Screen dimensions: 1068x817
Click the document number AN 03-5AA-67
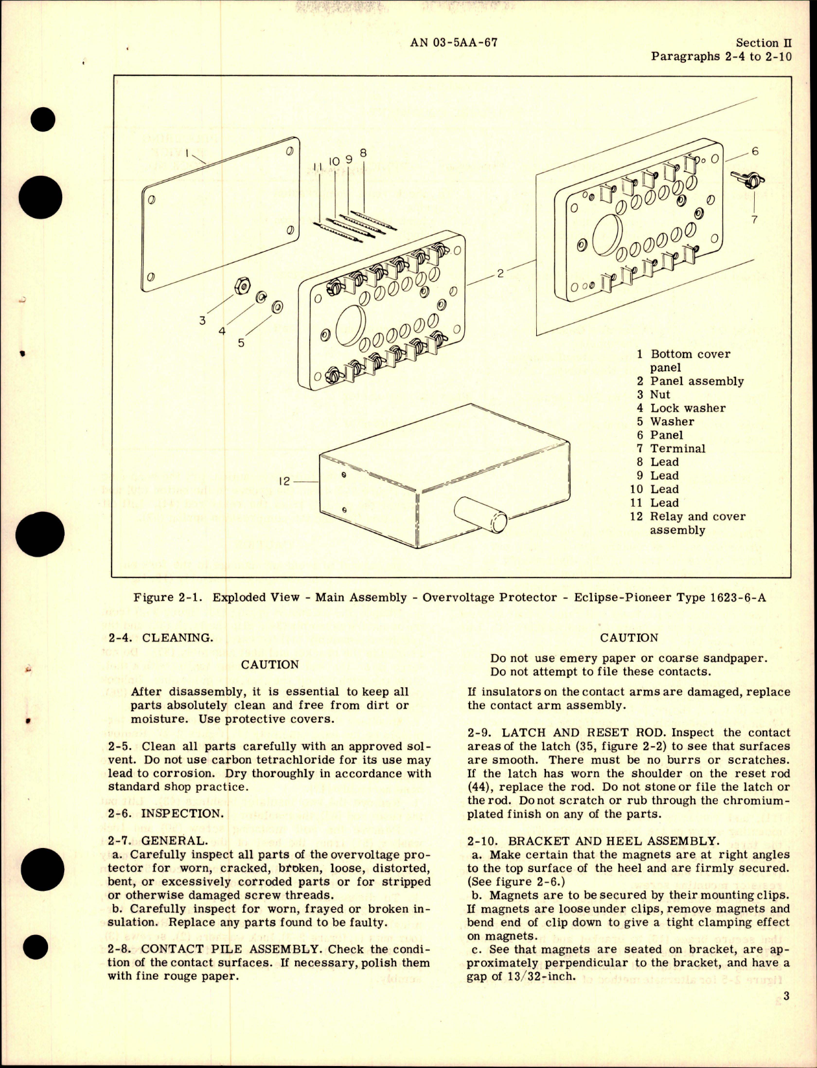click(x=454, y=43)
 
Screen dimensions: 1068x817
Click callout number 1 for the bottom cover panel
click(x=185, y=154)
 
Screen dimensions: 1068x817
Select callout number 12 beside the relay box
click(x=284, y=481)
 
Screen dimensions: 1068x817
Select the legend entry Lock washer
click(x=687, y=408)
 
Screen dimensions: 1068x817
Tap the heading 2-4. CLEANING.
click(x=160, y=637)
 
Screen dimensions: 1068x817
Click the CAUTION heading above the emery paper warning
click(x=628, y=637)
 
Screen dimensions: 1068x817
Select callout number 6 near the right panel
click(x=754, y=151)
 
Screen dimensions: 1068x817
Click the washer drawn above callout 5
click(x=277, y=306)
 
